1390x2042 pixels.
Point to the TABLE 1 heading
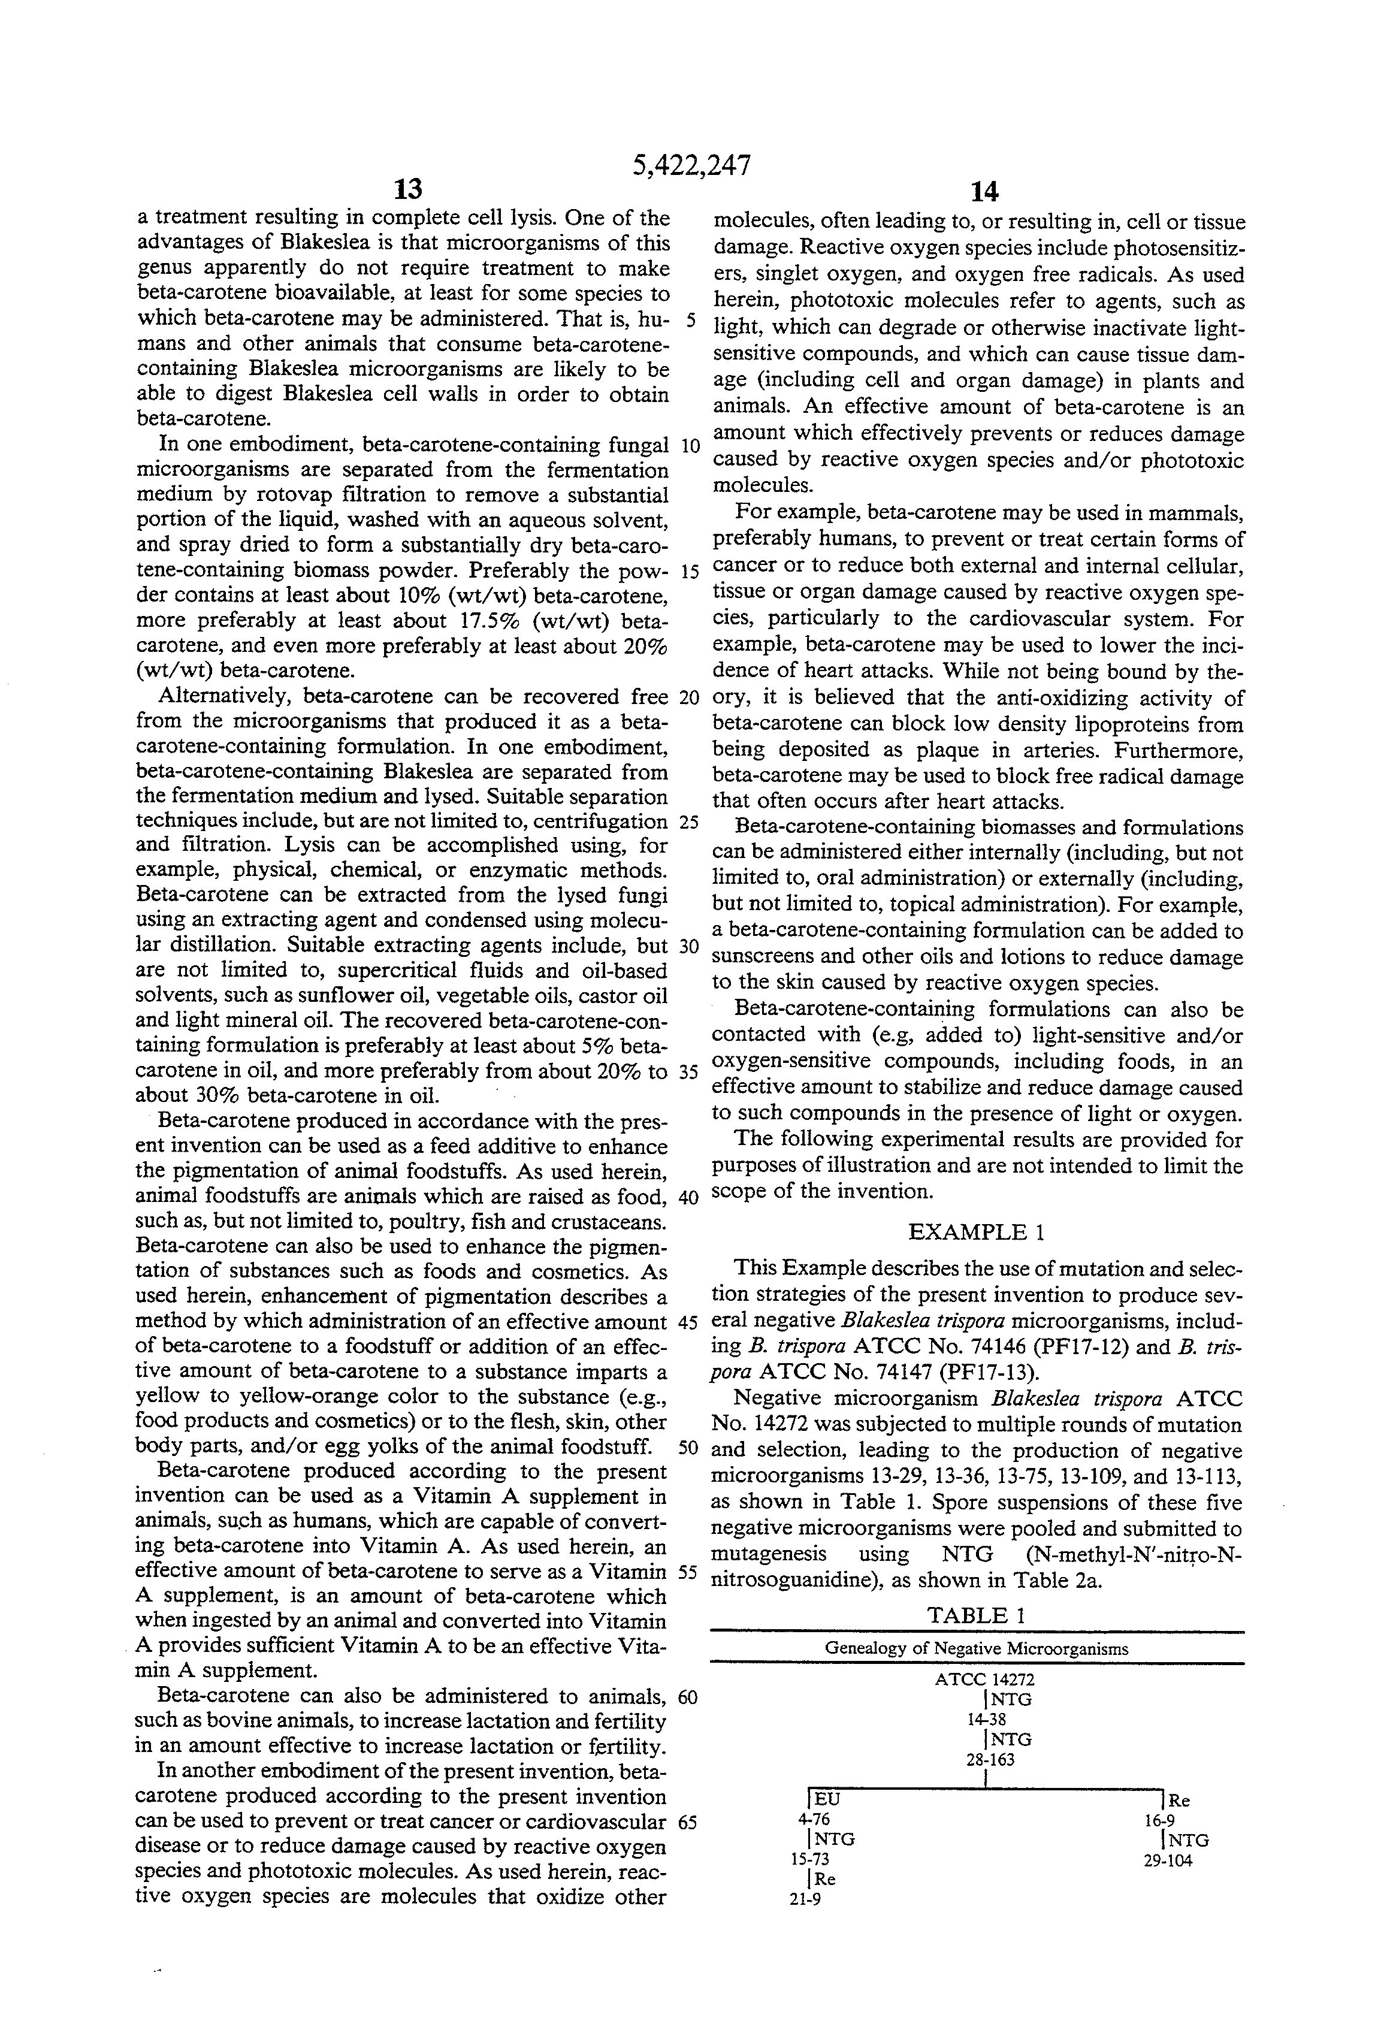(976, 1615)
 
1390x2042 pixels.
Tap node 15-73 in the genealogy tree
(810, 1859)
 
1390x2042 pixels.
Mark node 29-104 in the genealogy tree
(1168, 1860)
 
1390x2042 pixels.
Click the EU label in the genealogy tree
(827, 1799)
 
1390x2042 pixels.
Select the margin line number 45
(689, 1322)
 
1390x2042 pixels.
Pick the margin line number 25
(689, 823)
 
